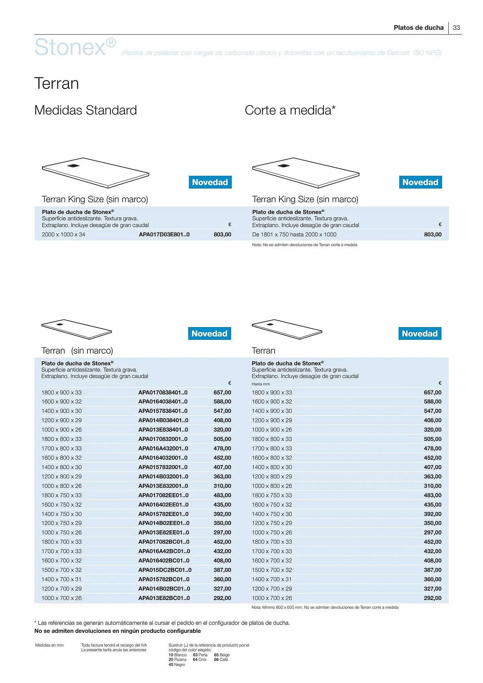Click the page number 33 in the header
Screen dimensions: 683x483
[x=456, y=28]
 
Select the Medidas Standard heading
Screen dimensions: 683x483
[x=85, y=110]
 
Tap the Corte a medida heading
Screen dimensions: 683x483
[x=290, y=110]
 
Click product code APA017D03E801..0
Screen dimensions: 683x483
[x=164, y=235]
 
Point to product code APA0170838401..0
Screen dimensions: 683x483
[x=163, y=393]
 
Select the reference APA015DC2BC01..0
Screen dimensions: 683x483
[x=165, y=570]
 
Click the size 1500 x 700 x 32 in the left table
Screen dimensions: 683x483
[x=61, y=570]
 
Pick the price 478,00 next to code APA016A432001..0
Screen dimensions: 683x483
[x=222, y=448]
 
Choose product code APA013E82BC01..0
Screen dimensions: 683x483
[x=164, y=598]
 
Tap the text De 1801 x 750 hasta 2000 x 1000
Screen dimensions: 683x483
[x=294, y=235]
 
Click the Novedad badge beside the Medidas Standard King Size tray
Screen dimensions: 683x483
[x=210, y=182]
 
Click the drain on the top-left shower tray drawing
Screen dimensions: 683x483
[x=73, y=166]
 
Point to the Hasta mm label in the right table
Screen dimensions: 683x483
[x=261, y=384]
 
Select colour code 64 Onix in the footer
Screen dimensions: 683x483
[x=200, y=659]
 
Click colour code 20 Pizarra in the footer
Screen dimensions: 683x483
[x=177, y=659]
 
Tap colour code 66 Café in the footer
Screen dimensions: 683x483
[x=221, y=659]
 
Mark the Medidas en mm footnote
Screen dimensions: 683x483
[x=49, y=645]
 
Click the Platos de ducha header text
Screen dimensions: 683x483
[x=418, y=28]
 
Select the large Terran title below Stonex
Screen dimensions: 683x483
[x=57, y=84]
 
